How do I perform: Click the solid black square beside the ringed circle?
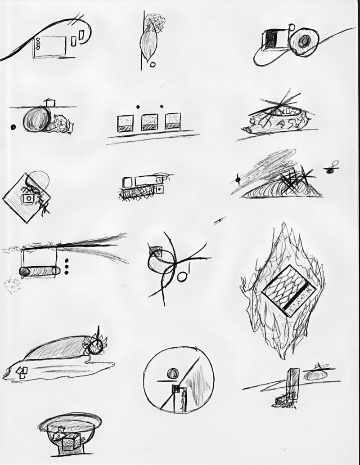coord(272,39)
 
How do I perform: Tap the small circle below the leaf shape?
coord(153,64)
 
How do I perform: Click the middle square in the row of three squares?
coord(149,121)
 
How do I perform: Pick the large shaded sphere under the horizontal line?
coord(36,119)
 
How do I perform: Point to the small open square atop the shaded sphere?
coord(49,103)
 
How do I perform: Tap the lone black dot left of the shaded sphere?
coord(13,127)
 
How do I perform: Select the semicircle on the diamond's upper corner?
coord(40,179)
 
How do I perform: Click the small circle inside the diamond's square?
coord(30,198)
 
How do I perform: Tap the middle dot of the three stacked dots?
coord(67,267)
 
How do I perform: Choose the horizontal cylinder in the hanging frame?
coord(40,271)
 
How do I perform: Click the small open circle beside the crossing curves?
coord(181,277)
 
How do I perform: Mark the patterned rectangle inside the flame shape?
coord(288,290)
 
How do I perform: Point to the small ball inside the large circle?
coord(172,373)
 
